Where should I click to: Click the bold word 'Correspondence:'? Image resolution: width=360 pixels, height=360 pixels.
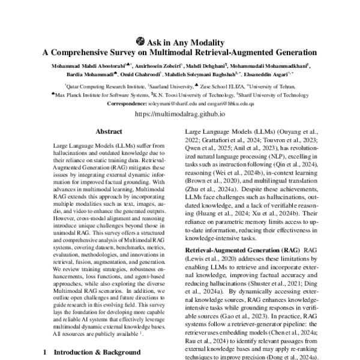point(132,103)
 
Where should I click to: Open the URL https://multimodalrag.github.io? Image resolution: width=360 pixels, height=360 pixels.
point(180,113)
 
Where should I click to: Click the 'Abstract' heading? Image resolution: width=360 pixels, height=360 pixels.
point(110,131)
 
